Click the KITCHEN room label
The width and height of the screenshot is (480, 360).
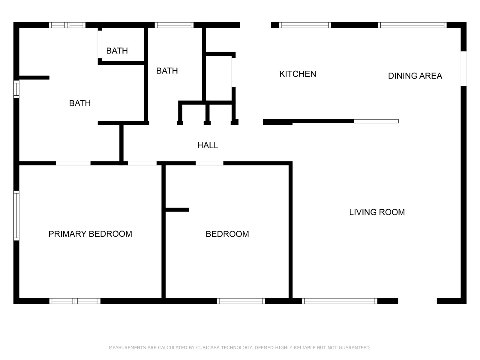tap(298, 74)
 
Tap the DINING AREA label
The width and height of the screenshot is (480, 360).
tap(415, 76)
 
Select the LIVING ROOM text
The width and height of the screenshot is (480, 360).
tap(377, 212)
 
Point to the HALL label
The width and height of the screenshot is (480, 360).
tap(208, 145)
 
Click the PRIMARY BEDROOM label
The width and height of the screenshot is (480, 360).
tap(90, 234)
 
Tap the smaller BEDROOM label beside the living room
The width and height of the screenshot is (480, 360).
tap(227, 234)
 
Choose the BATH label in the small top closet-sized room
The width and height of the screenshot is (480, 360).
tap(117, 51)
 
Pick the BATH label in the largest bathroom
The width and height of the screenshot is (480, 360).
tap(80, 103)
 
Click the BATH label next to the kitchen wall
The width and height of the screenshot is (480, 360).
tap(167, 71)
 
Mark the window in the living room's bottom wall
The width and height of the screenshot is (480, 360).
tap(340, 301)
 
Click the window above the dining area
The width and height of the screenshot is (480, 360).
tap(412, 25)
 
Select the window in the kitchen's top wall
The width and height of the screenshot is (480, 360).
tap(305, 25)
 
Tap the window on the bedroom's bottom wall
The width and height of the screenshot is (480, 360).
tap(241, 301)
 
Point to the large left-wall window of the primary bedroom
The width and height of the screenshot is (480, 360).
tap(16, 215)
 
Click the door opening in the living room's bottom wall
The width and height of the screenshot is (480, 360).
tap(417, 301)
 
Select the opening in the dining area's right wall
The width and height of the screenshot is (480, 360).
tap(463, 69)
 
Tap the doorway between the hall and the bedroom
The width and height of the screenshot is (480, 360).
tap(209, 163)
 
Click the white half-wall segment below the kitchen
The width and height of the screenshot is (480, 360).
tap(376, 121)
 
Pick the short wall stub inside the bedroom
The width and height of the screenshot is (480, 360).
tap(177, 210)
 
